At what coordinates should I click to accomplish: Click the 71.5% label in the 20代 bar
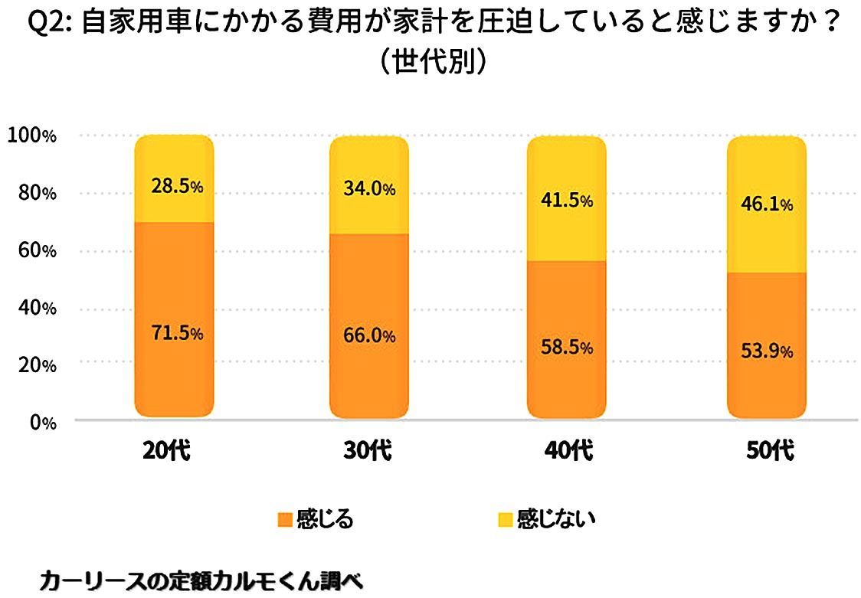(x=175, y=334)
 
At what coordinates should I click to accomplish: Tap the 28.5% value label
(x=175, y=187)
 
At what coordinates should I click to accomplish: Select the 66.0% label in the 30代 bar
(x=369, y=336)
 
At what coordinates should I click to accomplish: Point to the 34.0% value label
(x=369, y=189)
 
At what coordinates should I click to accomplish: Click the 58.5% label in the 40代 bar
(x=567, y=348)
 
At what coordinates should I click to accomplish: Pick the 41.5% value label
(x=567, y=201)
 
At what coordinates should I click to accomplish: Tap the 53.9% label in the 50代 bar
(x=766, y=351)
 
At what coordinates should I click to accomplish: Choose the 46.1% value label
(x=766, y=204)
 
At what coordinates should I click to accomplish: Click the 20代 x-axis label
(x=165, y=451)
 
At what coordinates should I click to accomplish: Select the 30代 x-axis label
(x=368, y=451)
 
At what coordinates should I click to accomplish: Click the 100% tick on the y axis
(x=31, y=136)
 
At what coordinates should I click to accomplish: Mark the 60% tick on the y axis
(x=35, y=251)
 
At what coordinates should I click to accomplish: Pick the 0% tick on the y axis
(x=39, y=423)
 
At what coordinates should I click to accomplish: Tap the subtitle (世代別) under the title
(x=430, y=62)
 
